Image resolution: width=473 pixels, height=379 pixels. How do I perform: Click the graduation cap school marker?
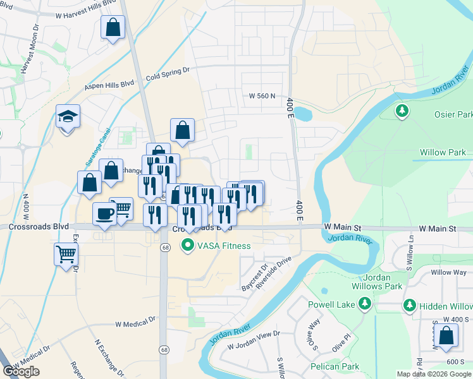68,117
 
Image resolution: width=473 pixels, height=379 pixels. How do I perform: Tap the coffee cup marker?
104,214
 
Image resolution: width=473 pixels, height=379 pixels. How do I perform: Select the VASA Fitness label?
224,246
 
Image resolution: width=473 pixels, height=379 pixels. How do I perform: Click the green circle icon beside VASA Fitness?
187,245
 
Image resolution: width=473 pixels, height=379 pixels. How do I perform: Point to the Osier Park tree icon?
402,112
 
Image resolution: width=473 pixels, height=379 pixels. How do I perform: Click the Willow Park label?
443,152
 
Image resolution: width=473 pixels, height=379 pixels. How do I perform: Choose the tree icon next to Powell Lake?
364,304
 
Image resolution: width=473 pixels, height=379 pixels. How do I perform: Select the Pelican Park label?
335,366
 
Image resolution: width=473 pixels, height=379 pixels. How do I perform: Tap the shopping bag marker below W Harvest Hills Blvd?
113,27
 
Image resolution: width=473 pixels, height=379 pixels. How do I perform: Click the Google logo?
21,371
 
